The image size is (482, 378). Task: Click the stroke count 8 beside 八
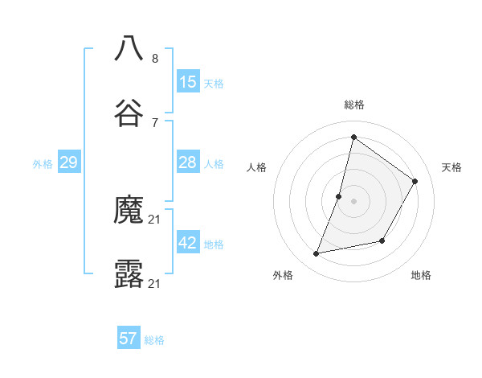tap(155, 58)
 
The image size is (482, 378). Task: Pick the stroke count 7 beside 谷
tap(155, 122)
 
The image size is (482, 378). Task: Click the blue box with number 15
tap(188, 81)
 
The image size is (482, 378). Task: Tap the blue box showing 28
tap(188, 162)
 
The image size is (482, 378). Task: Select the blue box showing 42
tap(188, 243)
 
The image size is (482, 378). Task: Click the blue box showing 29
tap(69, 162)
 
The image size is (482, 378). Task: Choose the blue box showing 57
tap(129, 339)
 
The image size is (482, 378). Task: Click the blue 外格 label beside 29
tap(43, 164)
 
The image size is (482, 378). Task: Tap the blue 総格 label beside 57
tap(154, 340)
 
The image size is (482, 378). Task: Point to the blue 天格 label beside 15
tap(214, 84)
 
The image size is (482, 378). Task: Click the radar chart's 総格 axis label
tap(353, 105)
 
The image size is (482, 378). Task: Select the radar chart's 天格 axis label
tap(451, 167)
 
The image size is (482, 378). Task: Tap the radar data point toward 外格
tap(317, 254)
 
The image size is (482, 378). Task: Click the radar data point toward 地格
tap(382, 240)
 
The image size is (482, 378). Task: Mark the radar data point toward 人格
tap(339, 196)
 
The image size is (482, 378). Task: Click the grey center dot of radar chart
tap(353, 201)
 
